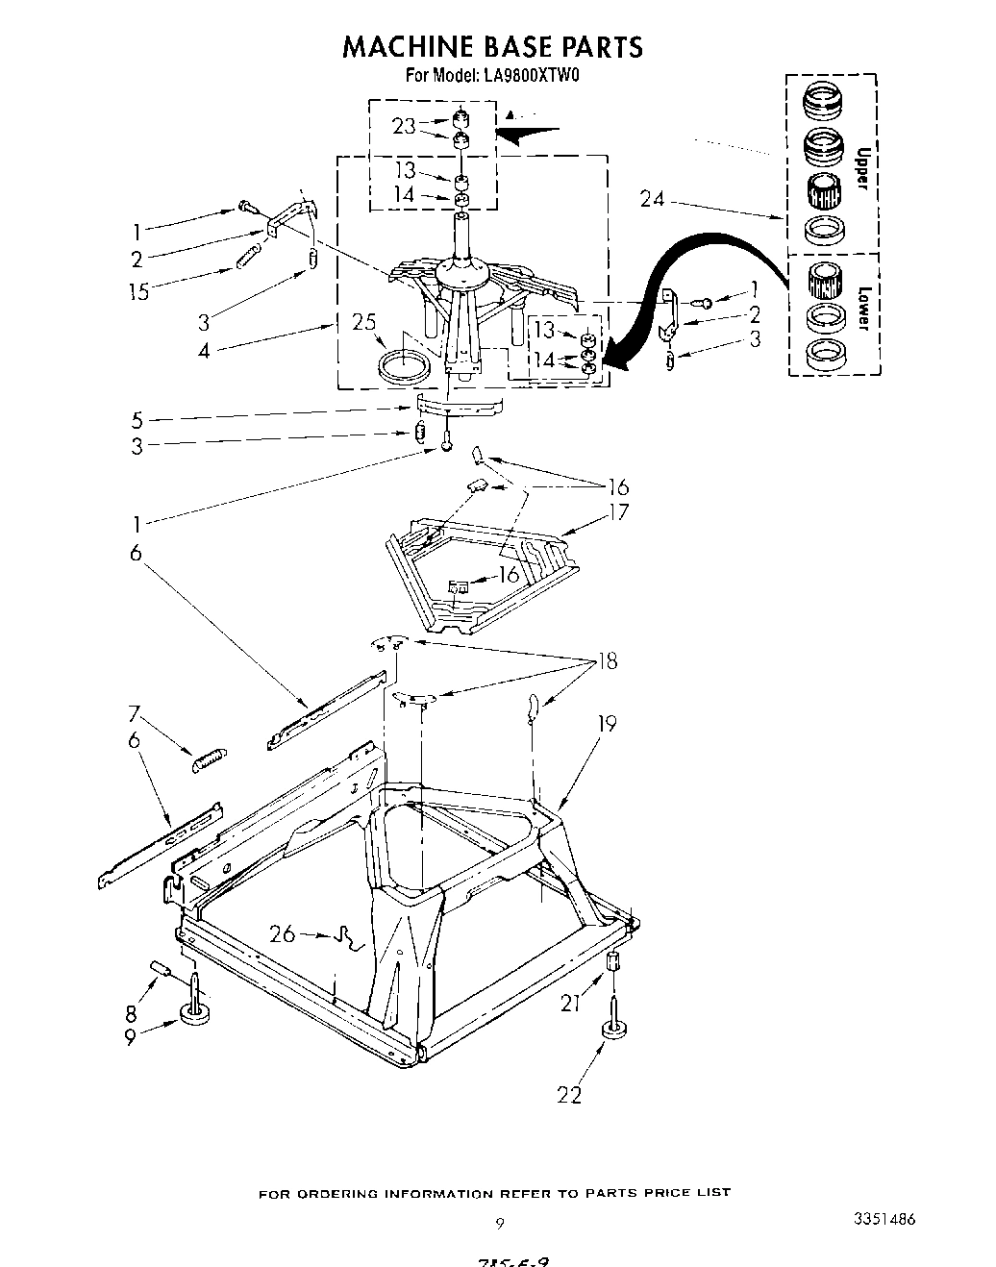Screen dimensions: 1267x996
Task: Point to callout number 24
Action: click(x=653, y=199)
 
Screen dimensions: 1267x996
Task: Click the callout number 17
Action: click(x=618, y=511)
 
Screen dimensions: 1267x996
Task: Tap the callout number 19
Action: click(x=608, y=723)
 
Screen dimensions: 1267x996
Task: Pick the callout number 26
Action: click(x=282, y=932)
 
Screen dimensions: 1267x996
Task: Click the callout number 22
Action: click(x=569, y=1094)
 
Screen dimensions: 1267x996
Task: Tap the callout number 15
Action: click(x=138, y=291)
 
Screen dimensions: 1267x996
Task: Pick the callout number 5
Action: click(x=137, y=419)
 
